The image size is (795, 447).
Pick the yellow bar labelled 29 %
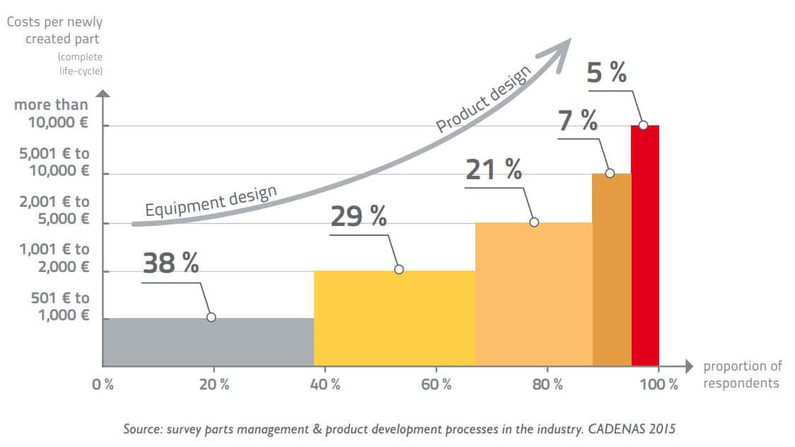pyautogui.click(x=394, y=318)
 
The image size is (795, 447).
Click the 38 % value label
pyautogui.click(x=170, y=262)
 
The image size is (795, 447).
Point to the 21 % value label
pyautogui.click(x=494, y=169)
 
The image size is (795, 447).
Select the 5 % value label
pyautogui.click(x=607, y=72)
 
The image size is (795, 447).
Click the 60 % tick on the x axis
pyautogui.click(x=436, y=385)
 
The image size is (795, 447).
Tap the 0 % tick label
pyautogui.click(x=103, y=385)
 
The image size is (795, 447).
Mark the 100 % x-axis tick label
pyautogui.click(x=658, y=385)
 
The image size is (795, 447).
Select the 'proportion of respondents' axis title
pyautogui.click(x=742, y=375)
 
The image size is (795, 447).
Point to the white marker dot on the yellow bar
pyautogui.click(x=399, y=269)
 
